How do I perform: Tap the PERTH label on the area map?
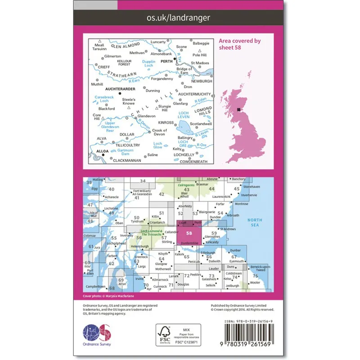click(166, 62)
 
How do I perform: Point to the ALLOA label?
click(96, 152)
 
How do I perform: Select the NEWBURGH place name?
click(201, 81)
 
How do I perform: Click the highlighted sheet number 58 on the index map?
click(189, 233)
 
